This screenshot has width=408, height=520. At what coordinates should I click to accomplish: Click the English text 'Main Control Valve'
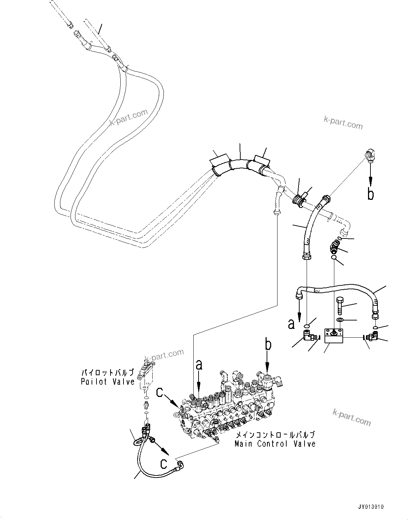275,444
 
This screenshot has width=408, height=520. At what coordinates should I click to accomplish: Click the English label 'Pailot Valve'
108,381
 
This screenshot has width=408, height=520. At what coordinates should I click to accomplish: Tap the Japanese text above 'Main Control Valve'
275,435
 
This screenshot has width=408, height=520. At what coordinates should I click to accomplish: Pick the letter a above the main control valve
199,365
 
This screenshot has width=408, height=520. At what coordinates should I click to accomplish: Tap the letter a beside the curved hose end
291,324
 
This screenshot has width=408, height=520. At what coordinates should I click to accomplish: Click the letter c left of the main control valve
160,392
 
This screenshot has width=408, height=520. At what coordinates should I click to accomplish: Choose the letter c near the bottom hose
164,464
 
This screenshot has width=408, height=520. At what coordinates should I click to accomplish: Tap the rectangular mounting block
333,336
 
